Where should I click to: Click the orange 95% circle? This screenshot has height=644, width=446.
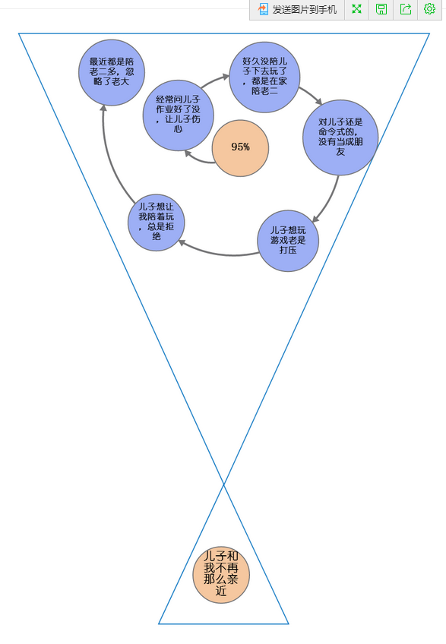[x=240, y=148]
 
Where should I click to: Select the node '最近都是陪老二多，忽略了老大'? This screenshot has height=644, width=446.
[x=112, y=73]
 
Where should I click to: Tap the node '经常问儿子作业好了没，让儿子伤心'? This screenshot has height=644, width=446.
[x=178, y=115]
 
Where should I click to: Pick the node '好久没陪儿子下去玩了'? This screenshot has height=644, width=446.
[x=264, y=77]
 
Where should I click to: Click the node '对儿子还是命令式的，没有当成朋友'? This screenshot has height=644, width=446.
[x=340, y=137]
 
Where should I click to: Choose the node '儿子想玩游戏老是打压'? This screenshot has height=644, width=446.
[x=288, y=241]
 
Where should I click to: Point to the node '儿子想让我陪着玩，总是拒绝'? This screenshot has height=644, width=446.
[x=157, y=223]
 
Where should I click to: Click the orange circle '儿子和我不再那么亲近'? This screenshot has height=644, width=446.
[x=221, y=575]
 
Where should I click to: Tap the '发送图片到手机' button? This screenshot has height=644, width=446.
[x=297, y=9]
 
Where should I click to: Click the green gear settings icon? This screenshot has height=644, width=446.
[x=429, y=9]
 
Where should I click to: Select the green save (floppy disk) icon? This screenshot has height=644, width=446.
[x=381, y=9]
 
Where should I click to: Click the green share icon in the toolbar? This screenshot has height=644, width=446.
[x=406, y=9]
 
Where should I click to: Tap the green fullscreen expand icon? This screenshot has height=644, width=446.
[x=357, y=9]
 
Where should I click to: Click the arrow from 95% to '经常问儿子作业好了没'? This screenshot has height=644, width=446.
[x=198, y=159]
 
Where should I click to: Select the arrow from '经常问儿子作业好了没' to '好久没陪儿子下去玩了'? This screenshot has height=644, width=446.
[x=214, y=80]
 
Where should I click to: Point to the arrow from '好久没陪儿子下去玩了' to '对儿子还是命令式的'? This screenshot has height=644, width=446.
[x=311, y=95]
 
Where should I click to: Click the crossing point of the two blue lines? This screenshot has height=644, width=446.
[x=223, y=485]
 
